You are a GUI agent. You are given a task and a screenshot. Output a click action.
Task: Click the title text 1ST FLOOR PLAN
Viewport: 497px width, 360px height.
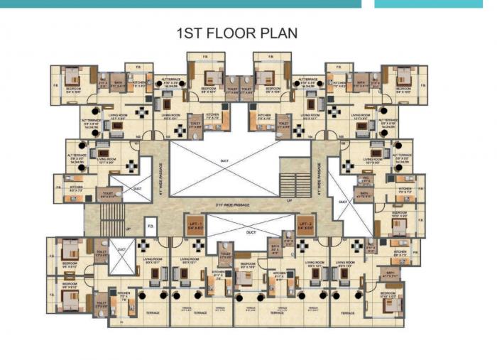[236, 33]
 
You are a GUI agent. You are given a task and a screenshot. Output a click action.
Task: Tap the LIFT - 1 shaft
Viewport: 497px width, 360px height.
[195, 226]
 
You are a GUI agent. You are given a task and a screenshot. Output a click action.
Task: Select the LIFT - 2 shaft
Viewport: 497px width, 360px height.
[305, 226]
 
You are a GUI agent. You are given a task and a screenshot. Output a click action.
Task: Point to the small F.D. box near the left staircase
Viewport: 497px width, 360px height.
[151, 227]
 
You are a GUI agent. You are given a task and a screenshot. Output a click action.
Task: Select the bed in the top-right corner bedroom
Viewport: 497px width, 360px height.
[405, 77]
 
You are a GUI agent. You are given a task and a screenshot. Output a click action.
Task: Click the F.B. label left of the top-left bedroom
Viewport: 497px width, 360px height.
[55, 86]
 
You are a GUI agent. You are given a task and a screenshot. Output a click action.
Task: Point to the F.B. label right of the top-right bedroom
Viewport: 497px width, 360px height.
[423, 86]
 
